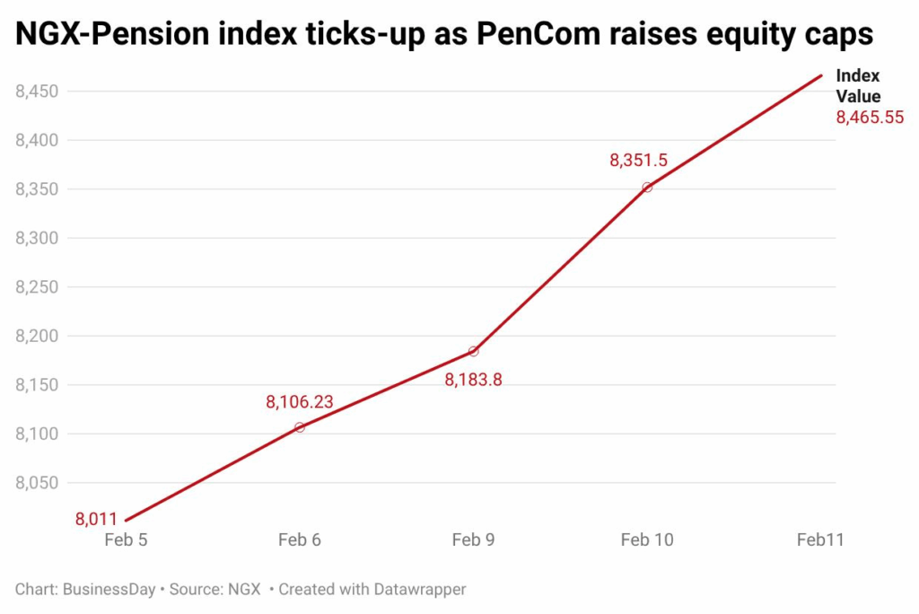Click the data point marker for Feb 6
click(x=300, y=427)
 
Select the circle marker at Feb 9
click(x=474, y=351)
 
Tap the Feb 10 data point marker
click(x=647, y=187)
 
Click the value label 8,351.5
click(x=638, y=161)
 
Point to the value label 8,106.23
click(x=299, y=402)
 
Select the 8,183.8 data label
click(x=473, y=379)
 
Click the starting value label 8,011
click(x=97, y=519)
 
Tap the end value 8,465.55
click(x=869, y=118)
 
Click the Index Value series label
click(x=858, y=86)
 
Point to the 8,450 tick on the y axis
click(x=37, y=92)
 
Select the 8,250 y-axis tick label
click(x=37, y=287)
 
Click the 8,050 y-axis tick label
click(x=37, y=483)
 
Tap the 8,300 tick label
click(x=37, y=238)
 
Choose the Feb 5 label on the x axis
click(x=126, y=539)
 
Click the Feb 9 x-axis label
click(x=473, y=539)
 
